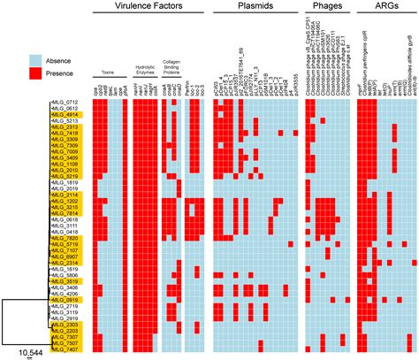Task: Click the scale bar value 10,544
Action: [32, 353]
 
